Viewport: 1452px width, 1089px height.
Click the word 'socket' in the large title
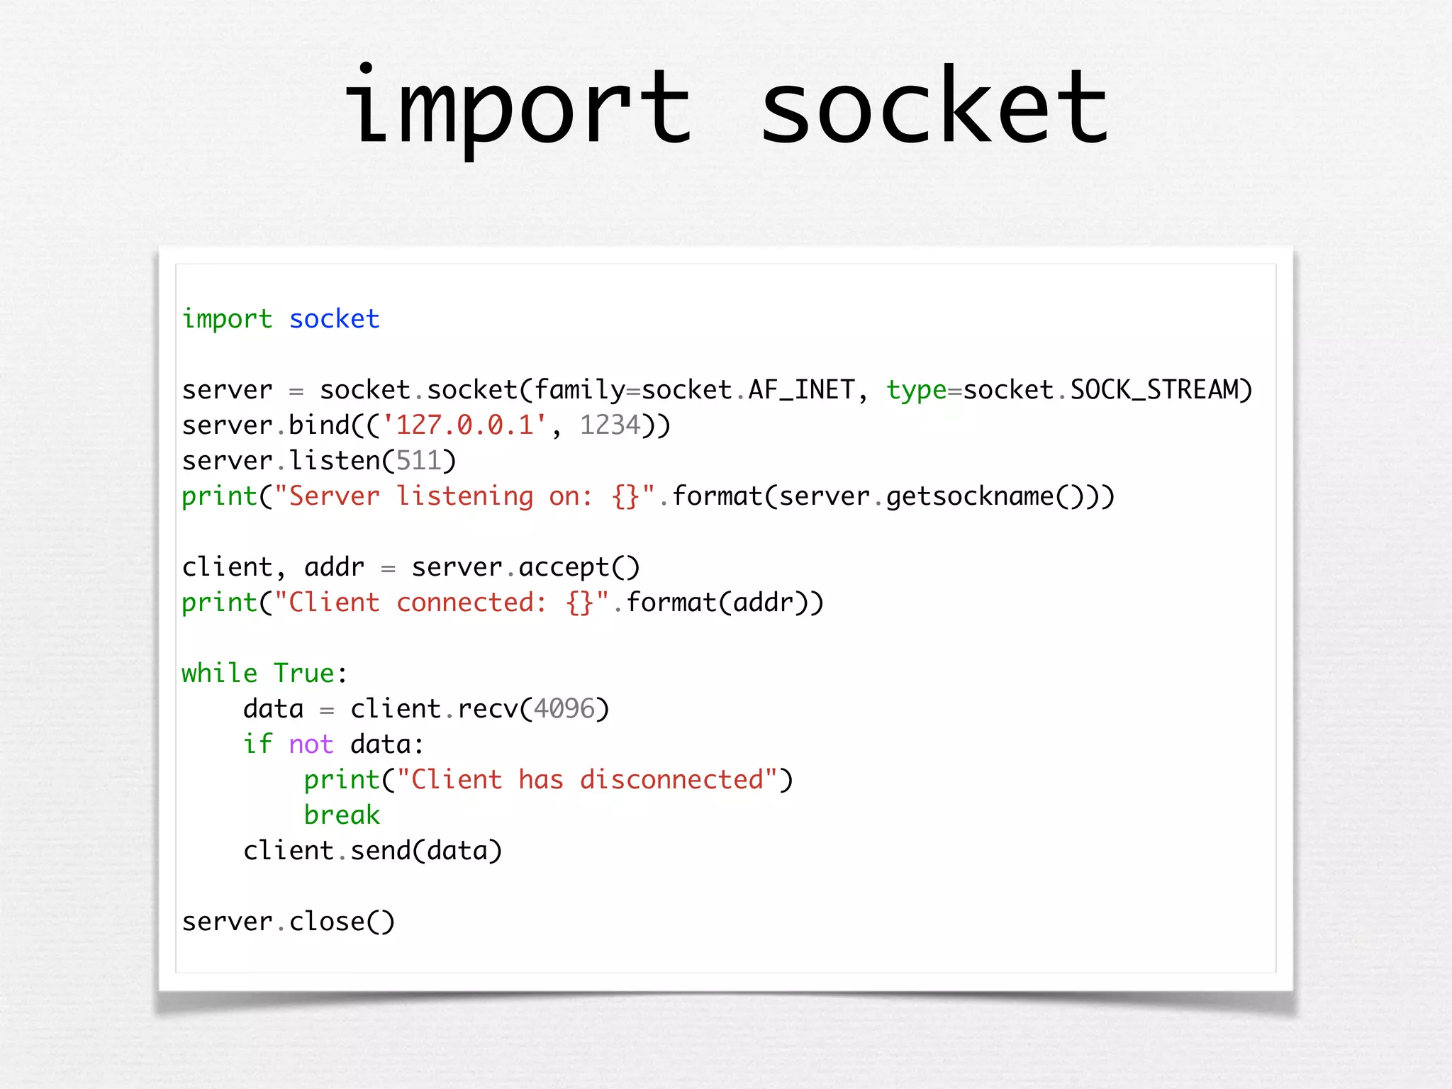coord(934,106)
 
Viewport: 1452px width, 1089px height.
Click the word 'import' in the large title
coord(518,106)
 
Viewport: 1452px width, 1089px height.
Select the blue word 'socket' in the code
coord(334,319)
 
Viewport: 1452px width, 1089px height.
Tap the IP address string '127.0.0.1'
coord(464,425)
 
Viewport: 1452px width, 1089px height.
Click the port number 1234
coord(610,425)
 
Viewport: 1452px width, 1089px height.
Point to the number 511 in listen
coord(418,461)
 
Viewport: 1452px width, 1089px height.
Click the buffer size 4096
coord(564,709)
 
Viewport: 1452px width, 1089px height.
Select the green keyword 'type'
coord(916,390)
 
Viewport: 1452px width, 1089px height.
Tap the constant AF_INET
coord(801,390)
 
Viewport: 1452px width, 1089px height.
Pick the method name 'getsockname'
coord(970,496)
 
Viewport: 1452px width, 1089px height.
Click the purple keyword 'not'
coord(311,744)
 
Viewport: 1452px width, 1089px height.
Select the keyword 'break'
coord(342,815)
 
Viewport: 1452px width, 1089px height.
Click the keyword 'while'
coord(219,674)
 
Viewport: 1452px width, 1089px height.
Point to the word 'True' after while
coord(303,674)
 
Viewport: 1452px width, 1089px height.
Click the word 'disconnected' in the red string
coord(671,780)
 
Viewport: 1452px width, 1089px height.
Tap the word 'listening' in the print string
coord(464,496)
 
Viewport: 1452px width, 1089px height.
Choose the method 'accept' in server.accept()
coord(564,567)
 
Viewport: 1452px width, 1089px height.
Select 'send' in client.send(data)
coord(380,851)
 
